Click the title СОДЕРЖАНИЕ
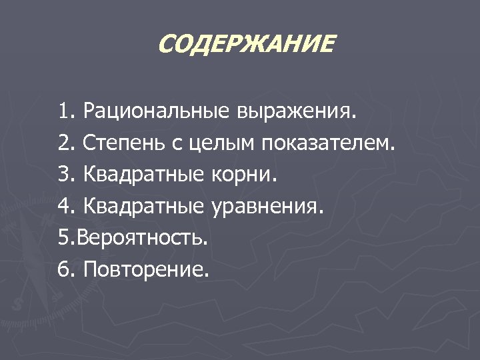pyautogui.click(x=247, y=45)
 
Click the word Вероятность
pyautogui.click(x=142, y=238)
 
